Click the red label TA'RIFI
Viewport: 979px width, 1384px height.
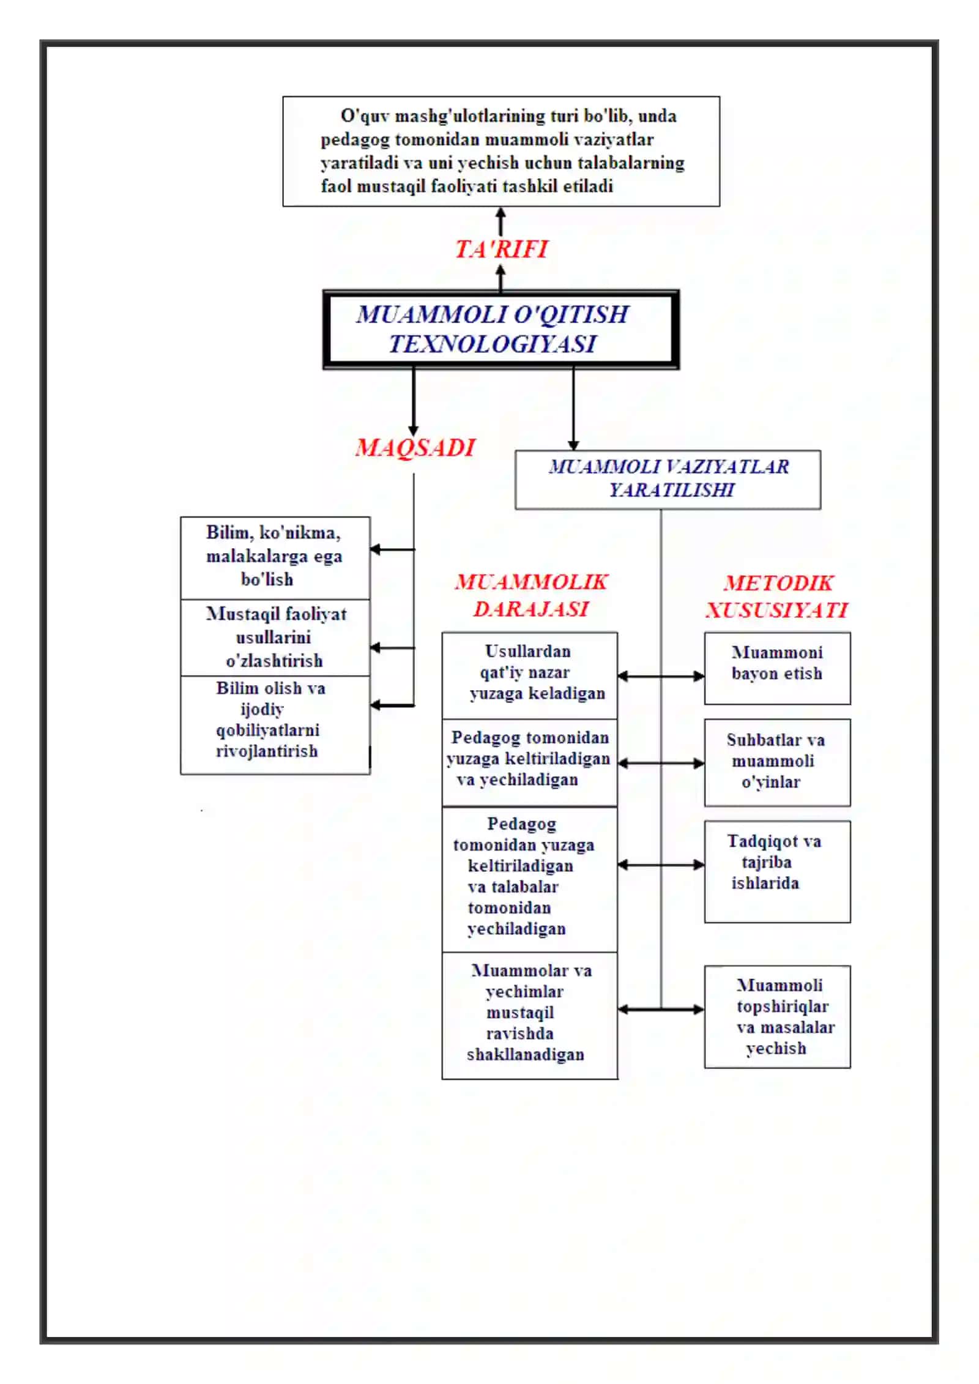click(x=501, y=249)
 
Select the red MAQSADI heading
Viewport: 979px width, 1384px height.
click(x=415, y=447)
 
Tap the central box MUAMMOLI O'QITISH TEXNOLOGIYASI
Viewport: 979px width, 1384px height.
click(x=501, y=329)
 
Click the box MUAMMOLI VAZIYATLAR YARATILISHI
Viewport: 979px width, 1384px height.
click(x=668, y=480)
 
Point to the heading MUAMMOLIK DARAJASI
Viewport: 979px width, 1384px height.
click(x=531, y=595)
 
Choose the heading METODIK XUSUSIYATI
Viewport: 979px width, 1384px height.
click(x=777, y=596)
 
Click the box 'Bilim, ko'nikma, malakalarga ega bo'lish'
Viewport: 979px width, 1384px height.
click(x=275, y=557)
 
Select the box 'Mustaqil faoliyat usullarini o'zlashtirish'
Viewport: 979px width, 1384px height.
click(x=275, y=638)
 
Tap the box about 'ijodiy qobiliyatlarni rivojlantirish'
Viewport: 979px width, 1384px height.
click(x=275, y=725)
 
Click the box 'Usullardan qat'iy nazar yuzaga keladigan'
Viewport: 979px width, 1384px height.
click(x=530, y=675)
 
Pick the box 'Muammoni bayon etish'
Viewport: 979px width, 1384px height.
click(x=777, y=668)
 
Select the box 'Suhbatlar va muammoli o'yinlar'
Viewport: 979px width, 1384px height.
click(x=777, y=762)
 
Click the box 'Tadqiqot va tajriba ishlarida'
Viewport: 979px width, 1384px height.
click(x=777, y=871)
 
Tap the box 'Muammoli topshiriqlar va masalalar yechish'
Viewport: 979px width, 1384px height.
click(x=777, y=1017)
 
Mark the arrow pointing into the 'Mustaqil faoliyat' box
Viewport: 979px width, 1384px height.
click(x=392, y=647)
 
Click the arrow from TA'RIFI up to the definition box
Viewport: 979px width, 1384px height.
click(x=501, y=221)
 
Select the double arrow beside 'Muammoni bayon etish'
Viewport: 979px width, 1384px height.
click(x=661, y=676)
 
